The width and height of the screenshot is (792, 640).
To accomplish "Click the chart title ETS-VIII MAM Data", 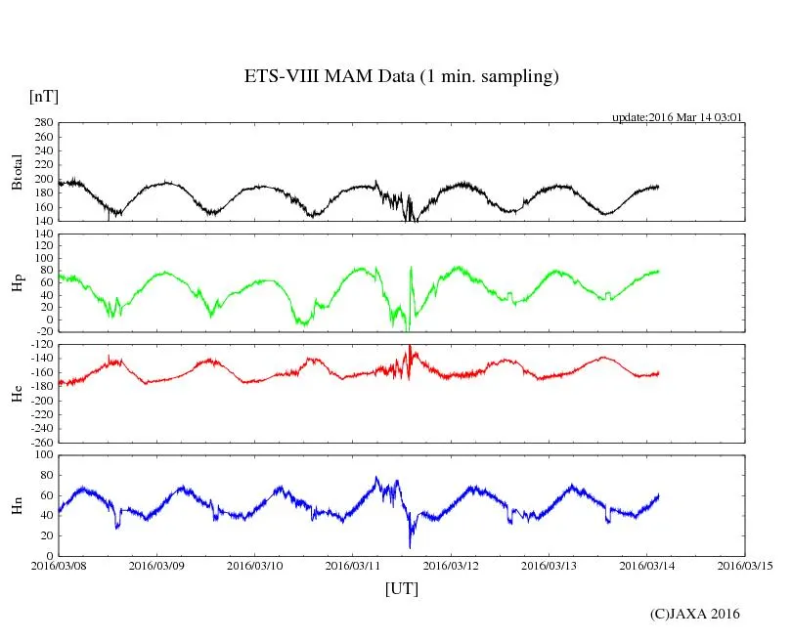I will [x=401, y=77].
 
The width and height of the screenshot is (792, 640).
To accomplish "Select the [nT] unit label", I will [x=44, y=97].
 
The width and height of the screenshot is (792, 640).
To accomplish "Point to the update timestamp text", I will [x=678, y=116].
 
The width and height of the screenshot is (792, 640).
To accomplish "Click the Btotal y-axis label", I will [x=17, y=172].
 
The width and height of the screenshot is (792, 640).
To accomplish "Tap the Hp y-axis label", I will [x=17, y=283].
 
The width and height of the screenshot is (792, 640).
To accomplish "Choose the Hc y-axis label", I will [x=17, y=394].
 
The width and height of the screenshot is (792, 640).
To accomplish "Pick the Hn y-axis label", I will [x=17, y=505].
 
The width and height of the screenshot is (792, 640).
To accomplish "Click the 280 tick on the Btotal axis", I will [x=43, y=123].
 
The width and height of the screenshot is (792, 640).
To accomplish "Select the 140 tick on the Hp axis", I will [x=43, y=235].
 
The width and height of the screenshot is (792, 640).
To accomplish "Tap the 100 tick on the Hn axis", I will [x=43, y=455].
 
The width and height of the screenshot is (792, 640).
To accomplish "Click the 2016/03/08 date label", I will [x=58, y=566].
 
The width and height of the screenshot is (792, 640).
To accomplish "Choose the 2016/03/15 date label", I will [x=744, y=566].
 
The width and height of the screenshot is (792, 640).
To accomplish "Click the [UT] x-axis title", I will [x=401, y=588].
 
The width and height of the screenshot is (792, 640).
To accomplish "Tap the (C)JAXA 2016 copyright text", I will [x=694, y=614].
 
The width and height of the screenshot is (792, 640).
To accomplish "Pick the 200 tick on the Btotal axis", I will [x=43, y=180].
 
